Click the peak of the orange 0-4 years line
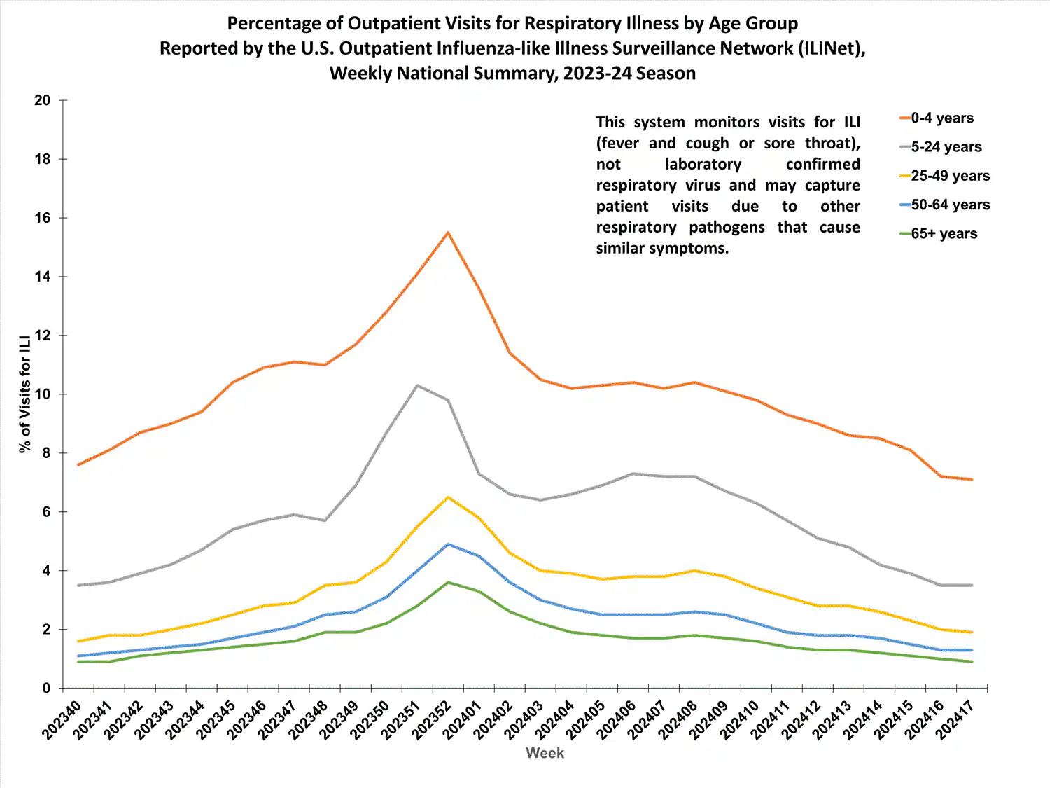point(448,233)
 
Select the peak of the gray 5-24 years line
point(417,385)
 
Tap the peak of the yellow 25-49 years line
point(448,497)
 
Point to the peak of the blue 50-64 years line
point(448,544)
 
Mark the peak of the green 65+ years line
point(448,583)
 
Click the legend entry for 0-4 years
point(941,118)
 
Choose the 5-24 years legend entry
point(946,147)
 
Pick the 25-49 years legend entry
point(950,176)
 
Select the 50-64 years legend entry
point(950,205)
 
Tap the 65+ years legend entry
point(944,234)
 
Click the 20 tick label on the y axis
point(43,100)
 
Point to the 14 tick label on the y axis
point(43,277)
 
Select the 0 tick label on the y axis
point(46,689)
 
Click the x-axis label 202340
point(62,719)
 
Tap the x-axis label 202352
point(430,719)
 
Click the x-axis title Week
point(545,753)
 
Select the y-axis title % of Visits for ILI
point(26,394)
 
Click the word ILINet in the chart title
point(825,48)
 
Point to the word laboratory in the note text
point(703,164)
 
